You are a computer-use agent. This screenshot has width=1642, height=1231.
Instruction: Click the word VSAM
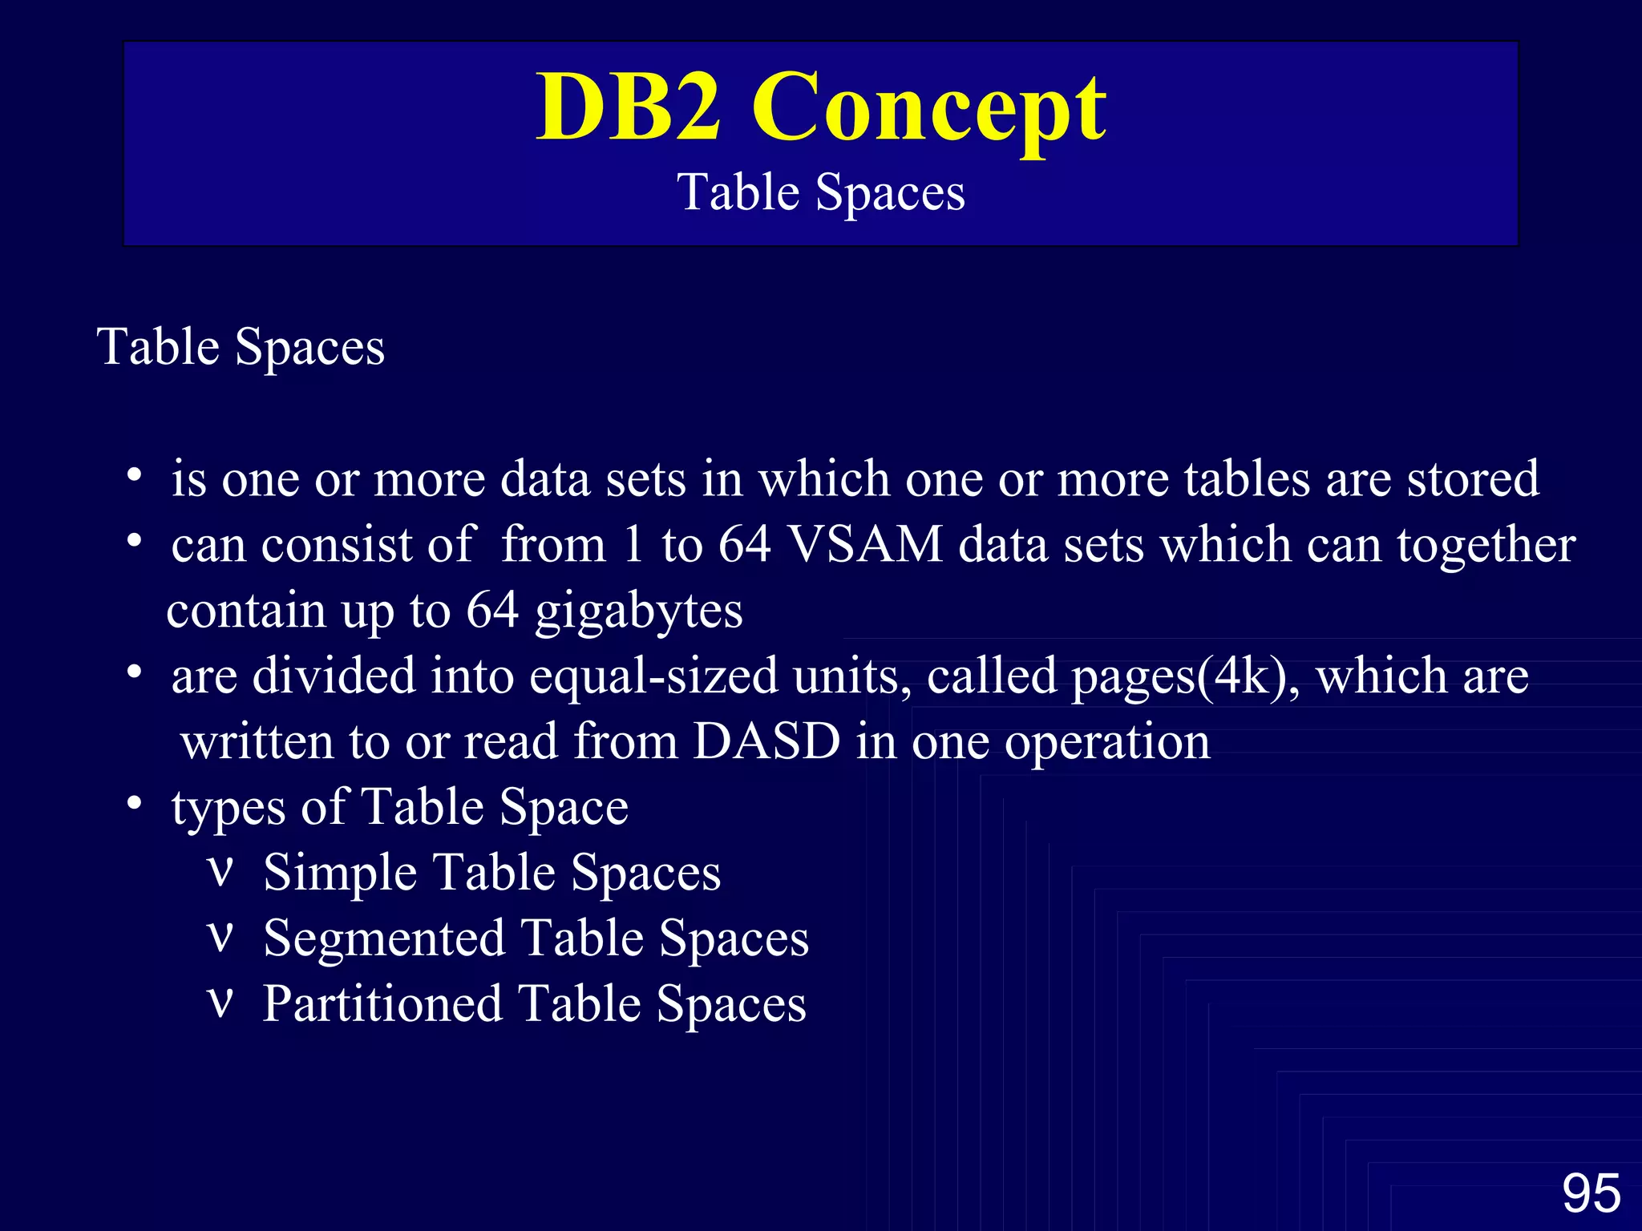[865, 545]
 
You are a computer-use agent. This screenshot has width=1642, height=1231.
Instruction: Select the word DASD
[766, 741]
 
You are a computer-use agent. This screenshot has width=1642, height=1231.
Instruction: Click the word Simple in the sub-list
[339, 873]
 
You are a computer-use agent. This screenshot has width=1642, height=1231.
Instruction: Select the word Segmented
[383, 938]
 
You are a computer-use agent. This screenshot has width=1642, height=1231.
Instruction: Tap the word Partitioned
[382, 1004]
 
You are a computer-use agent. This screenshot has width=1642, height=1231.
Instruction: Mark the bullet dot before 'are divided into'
[135, 671]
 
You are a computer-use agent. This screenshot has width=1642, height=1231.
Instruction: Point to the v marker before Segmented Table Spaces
[220, 936]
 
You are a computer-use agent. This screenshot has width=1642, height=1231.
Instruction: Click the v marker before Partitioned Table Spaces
[220, 1002]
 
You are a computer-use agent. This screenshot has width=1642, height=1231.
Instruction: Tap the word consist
[336, 545]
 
